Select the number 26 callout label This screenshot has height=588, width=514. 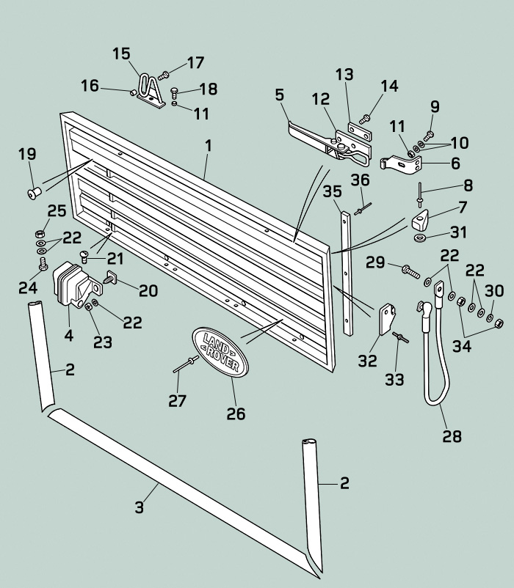click(x=235, y=414)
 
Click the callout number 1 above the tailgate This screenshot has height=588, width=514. click(x=209, y=146)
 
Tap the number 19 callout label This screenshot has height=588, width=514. click(x=27, y=154)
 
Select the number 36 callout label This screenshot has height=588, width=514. click(x=360, y=180)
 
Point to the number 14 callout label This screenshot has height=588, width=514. click(x=389, y=87)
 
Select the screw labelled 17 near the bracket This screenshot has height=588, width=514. click(x=164, y=74)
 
